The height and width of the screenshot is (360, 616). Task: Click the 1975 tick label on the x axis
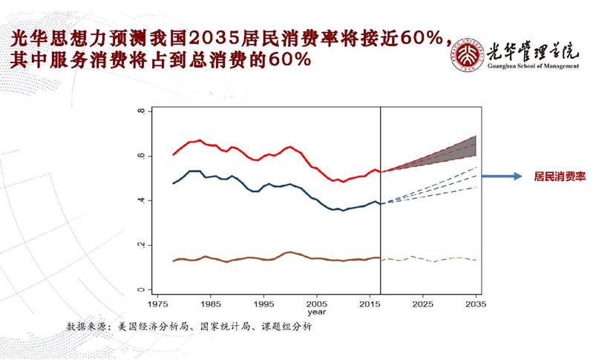tap(158, 304)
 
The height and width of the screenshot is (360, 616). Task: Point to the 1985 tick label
tap(211, 304)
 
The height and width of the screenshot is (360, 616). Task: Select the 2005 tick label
tap(317, 304)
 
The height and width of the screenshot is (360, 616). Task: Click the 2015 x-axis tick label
tap(370, 304)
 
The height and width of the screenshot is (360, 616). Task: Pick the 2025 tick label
tap(423, 304)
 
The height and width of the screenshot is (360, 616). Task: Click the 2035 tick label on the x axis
tap(476, 304)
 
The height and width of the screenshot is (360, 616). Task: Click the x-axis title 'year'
tap(317, 312)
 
